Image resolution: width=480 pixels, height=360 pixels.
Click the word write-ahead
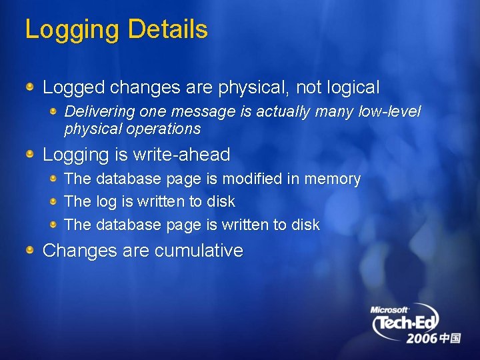183,155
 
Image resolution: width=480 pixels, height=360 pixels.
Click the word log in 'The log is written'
106,202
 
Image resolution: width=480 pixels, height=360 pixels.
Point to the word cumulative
199,251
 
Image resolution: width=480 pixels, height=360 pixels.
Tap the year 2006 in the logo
422,339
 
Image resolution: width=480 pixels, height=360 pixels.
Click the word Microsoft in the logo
389,310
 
